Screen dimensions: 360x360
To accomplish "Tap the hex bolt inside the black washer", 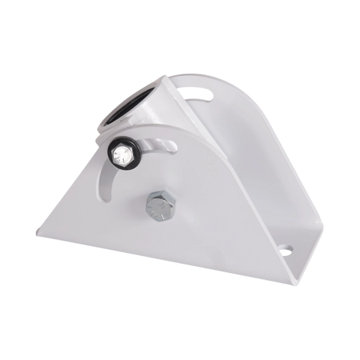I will (x=124, y=154).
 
